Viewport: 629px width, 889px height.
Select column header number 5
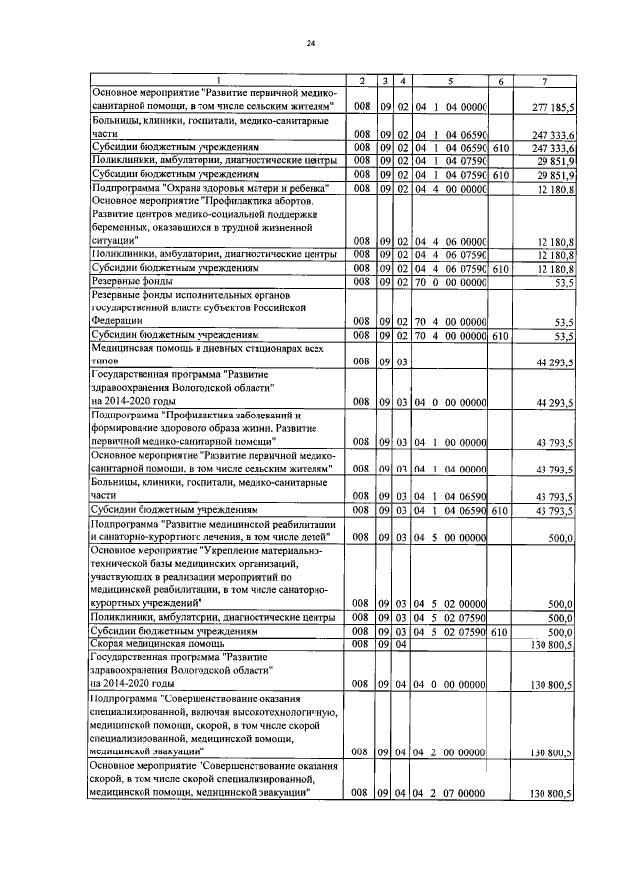click(x=449, y=80)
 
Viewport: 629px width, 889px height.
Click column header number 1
click(x=218, y=80)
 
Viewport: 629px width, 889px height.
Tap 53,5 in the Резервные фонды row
click(x=563, y=282)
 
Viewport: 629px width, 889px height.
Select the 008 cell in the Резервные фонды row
click(x=361, y=282)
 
